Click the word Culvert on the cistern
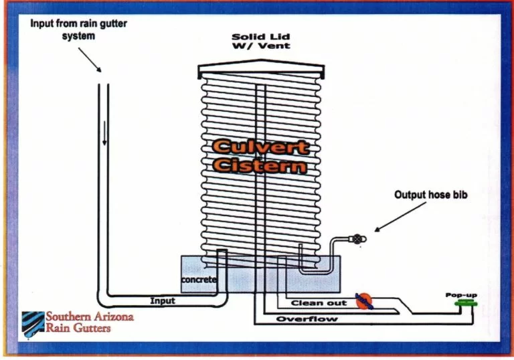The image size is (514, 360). pos(260,147)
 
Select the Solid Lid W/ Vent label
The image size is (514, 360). pos(262,41)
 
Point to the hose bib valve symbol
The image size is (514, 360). pos(357,238)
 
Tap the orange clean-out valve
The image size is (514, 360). pos(363,302)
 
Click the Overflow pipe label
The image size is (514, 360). pos(307,319)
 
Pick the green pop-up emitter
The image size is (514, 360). pos(462,303)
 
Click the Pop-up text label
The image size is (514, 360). pos(462,294)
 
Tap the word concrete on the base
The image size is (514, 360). pos(199,279)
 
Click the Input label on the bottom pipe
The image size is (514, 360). pos(163,301)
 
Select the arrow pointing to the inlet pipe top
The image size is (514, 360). pos(94,61)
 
